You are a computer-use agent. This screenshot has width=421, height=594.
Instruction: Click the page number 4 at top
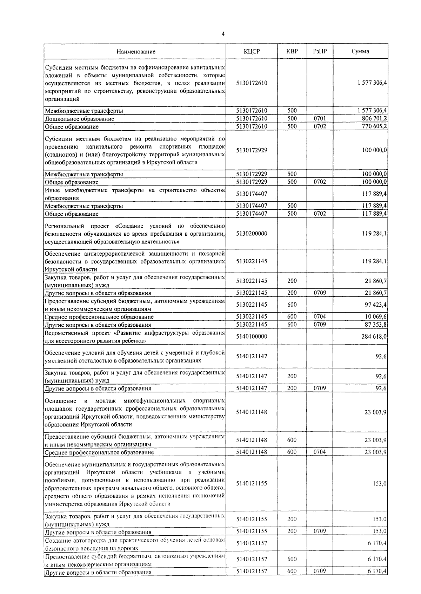coord(223,34)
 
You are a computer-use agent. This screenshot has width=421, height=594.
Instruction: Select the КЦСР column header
coord(252,51)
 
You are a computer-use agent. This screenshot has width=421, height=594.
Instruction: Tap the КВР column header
coord(292,51)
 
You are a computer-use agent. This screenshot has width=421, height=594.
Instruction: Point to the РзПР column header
coord(320,51)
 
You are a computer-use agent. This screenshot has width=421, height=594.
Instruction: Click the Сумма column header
coord(360,51)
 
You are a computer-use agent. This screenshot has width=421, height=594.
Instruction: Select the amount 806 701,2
coord(374,119)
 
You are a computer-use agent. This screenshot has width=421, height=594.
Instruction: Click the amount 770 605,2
coord(374,126)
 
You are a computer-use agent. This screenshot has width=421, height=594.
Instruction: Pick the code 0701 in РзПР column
coord(320,119)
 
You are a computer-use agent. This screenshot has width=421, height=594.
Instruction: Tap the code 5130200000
coord(252,233)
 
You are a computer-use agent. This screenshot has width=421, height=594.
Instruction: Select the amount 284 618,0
coord(374,337)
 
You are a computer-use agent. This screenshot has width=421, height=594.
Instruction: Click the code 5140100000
coord(252,337)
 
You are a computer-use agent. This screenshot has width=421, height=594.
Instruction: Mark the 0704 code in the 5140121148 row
coord(320,452)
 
